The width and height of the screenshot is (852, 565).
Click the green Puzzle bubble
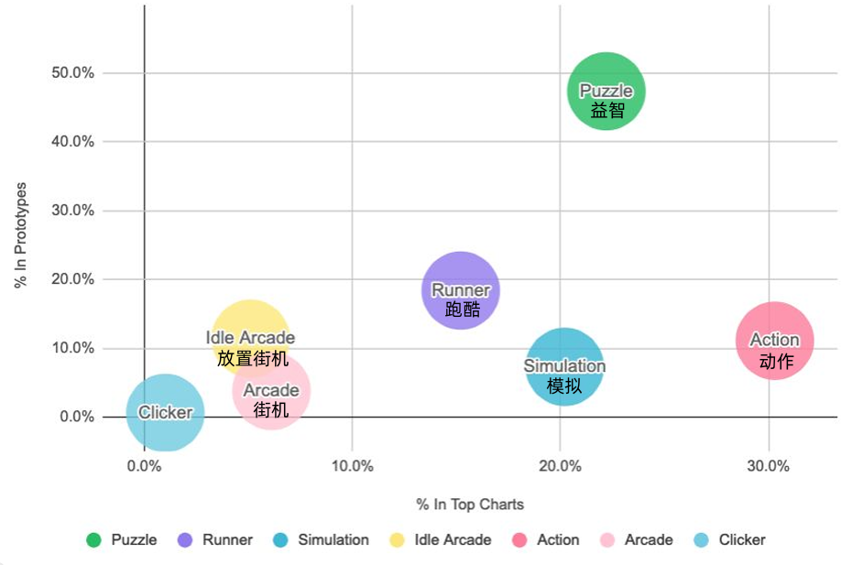point(606,78)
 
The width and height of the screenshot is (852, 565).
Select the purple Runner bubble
point(461,275)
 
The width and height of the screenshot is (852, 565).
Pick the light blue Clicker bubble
point(165,430)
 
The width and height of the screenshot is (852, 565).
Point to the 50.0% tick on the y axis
point(72,72)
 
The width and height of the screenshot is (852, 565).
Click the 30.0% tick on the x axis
point(768,465)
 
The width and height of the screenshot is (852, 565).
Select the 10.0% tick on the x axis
point(353,465)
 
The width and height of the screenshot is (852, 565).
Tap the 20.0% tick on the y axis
point(72,279)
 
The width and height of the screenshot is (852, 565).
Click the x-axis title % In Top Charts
point(470,504)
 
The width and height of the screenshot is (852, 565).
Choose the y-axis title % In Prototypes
point(21,235)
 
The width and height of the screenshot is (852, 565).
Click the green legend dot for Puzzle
point(93,540)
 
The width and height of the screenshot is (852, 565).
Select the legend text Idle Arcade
point(453,540)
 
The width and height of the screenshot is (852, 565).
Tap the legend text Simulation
point(333,540)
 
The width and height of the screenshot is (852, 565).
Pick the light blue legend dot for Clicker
point(702,540)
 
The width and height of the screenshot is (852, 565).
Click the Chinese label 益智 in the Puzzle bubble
point(606,110)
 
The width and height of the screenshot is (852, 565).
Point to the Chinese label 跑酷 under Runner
point(462,310)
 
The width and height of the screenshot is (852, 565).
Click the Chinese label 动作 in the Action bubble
point(776,362)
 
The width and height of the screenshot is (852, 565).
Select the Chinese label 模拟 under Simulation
point(564,386)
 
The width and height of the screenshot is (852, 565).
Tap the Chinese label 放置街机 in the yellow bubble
point(252,358)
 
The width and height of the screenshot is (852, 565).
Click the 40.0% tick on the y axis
point(72,142)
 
